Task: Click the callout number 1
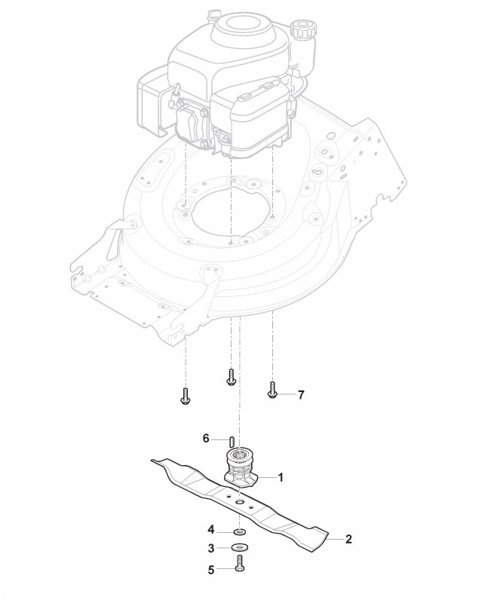click(281, 477)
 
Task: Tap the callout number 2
click(348, 539)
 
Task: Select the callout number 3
click(212, 548)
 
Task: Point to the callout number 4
click(212, 529)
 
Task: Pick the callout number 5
click(212, 571)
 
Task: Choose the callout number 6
click(205, 438)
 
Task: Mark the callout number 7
click(301, 394)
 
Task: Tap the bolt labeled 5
click(240, 563)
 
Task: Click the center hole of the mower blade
click(239, 500)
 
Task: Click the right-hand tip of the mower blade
click(326, 540)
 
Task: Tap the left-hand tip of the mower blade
click(154, 459)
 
